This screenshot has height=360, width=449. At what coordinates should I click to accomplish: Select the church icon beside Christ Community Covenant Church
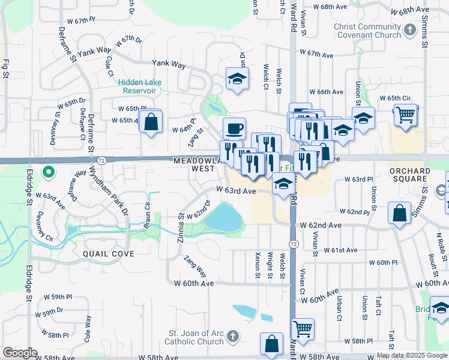click(410, 29)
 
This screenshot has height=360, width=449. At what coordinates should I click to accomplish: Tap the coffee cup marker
click(234, 128)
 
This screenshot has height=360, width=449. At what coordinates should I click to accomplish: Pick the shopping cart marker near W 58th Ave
click(303, 329)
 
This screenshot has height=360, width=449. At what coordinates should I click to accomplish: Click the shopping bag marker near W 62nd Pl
click(400, 213)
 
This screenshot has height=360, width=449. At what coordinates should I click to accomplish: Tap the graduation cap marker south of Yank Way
click(237, 79)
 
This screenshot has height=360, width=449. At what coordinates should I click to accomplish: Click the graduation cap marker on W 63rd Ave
click(282, 184)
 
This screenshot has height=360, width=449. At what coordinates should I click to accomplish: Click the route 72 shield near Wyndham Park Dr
click(102, 161)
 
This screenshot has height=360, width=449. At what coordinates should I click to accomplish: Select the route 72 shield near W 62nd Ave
click(293, 244)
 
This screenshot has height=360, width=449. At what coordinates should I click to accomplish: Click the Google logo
click(20, 353)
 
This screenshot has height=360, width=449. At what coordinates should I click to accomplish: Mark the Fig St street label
click(6, 68)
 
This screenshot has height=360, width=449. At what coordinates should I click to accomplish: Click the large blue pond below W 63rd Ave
click(223, 218)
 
